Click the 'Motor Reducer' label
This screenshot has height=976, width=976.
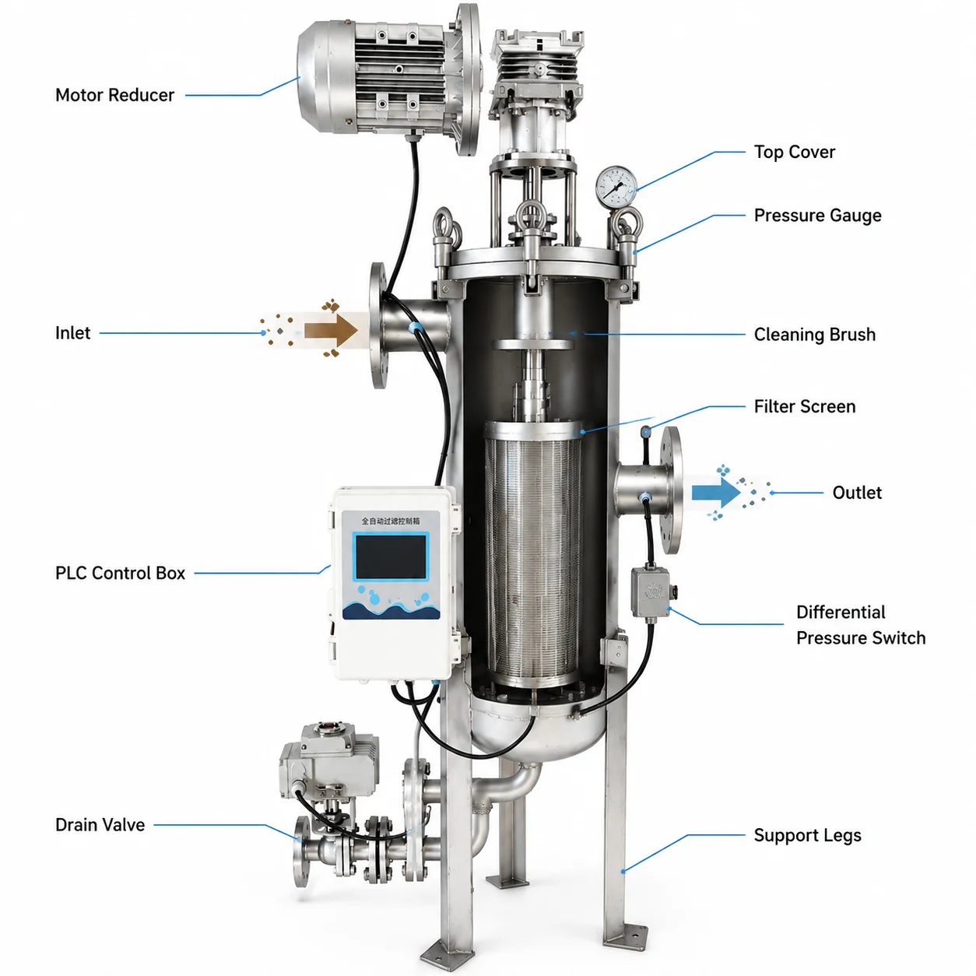click(114, 95)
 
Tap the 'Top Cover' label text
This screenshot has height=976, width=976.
click(794, 152)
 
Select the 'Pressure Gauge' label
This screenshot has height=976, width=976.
click(817, 216)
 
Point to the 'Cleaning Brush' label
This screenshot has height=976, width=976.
click(814, 334)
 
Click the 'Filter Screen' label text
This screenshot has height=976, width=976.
click(804, 406)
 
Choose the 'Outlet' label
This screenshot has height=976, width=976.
click(857, 493)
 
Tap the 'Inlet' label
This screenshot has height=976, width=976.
click(72, 333)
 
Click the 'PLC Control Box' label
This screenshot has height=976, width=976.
click(120, 573)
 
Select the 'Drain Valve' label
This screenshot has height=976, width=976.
click(100, 824)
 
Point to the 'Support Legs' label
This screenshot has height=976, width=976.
click(807, 835)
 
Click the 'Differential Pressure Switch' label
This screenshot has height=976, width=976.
click(861, 624)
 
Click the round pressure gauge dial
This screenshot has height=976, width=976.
click(616, 187)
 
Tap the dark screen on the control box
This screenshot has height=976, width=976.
click(391, 556)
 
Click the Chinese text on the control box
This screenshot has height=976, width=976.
click(391, 521)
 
